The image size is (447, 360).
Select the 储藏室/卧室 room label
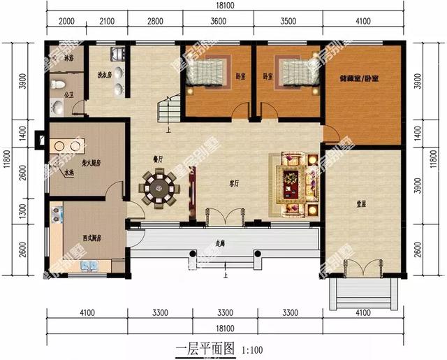coord(358,79)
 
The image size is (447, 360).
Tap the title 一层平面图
coord(207,347)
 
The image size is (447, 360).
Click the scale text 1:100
coord(253,348)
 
